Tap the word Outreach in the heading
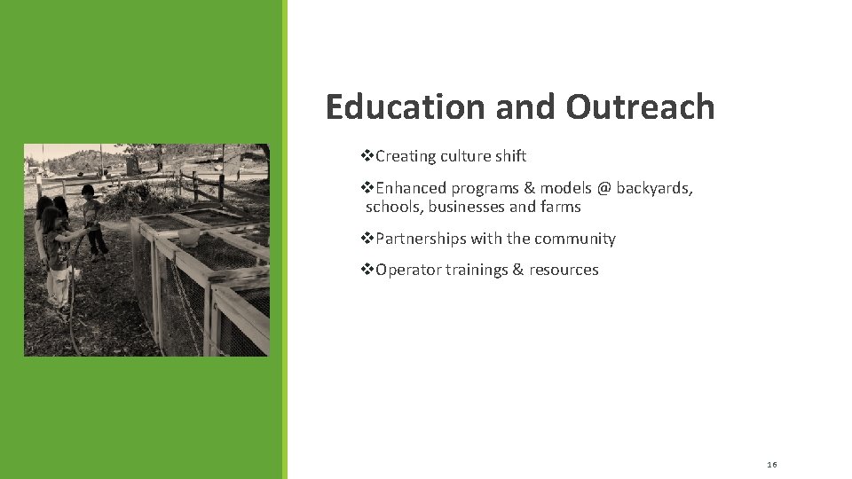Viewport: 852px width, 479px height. (639, 106)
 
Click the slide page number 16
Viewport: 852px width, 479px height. (771, 465)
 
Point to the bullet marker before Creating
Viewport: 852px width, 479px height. (367, 156)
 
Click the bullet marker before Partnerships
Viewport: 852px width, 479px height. (367, 239)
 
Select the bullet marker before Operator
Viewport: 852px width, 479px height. (367, 270)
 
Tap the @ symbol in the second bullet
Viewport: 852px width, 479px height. (603, 188)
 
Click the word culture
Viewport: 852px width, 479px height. (461, 156)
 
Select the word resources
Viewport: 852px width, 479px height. (564, 270)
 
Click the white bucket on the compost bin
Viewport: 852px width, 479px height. (189, 237)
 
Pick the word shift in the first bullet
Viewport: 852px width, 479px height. (509, 156)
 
